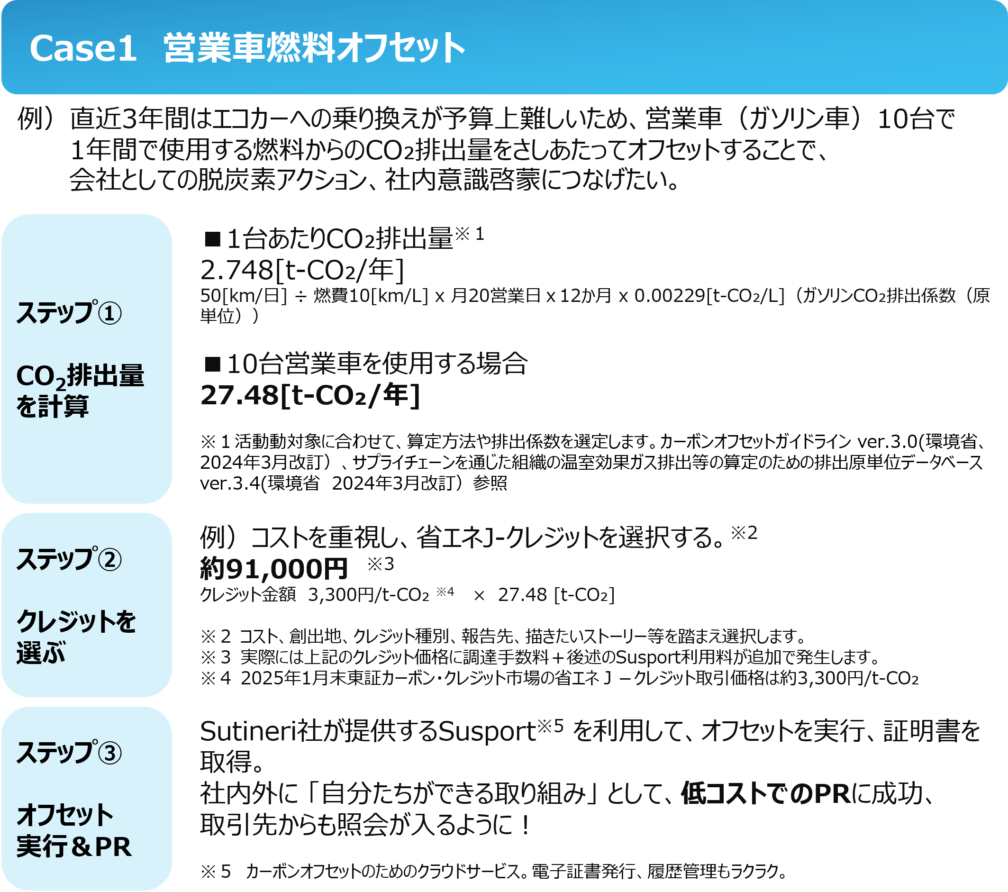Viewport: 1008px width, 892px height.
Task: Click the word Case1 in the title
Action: point(83,48)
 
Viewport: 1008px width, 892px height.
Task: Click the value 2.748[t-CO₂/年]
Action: point(302,270)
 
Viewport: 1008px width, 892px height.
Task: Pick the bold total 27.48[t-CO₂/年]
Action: point(310,395)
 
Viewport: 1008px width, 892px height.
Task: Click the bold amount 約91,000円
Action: point(274,569)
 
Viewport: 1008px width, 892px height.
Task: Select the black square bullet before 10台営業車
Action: point(213,364)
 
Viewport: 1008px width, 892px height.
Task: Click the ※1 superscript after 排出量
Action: point(470,234)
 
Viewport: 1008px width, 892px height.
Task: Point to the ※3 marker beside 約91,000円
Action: point(381,564)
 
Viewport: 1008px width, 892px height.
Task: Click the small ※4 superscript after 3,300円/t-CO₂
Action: point(445,591)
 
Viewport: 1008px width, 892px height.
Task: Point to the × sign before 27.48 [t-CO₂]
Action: point(479,596)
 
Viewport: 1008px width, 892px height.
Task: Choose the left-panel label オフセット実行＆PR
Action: point(74,831)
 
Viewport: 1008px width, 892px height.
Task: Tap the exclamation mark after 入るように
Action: point(526,825)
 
